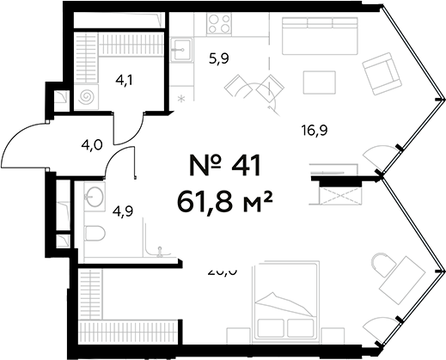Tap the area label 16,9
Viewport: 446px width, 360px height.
316,131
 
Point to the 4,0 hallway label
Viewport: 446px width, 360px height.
92,144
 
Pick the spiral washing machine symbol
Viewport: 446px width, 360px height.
87,99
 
